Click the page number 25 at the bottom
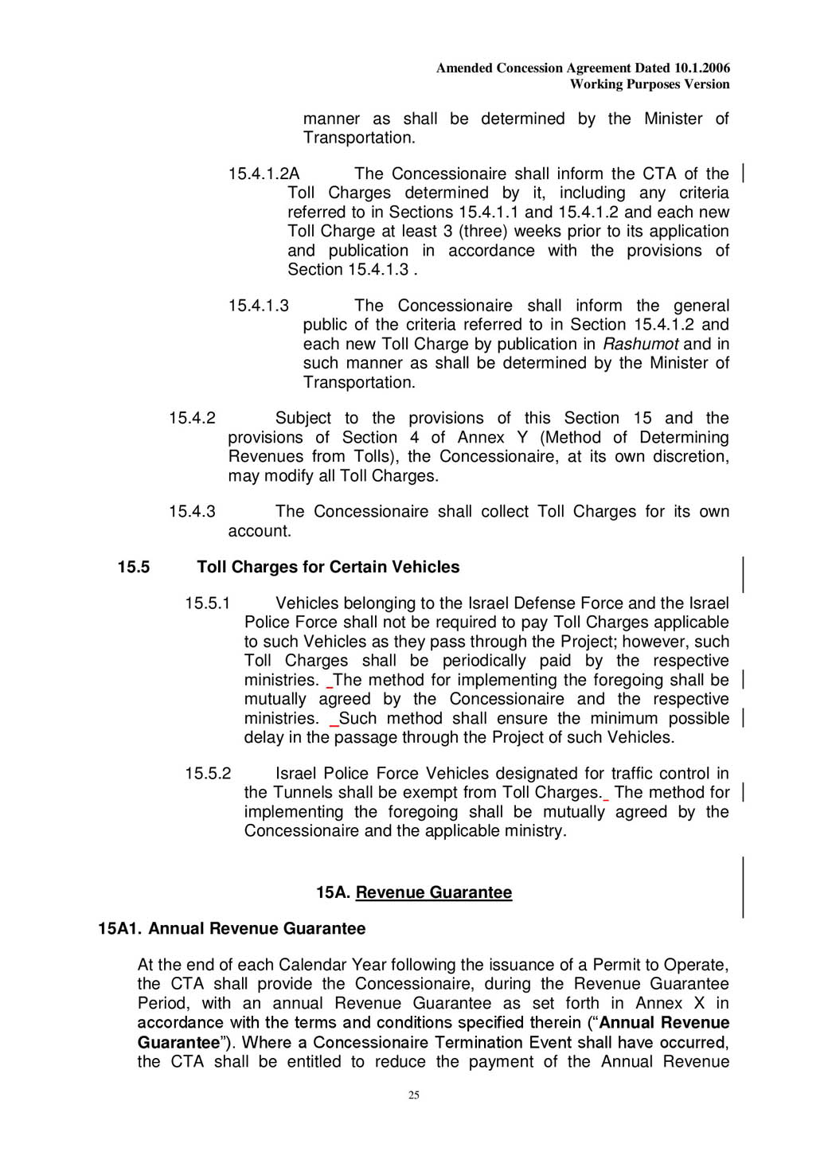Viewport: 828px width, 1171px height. [414, 1095]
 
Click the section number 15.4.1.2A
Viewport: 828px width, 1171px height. [264, 174]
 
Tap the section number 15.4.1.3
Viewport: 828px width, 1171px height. [258, 306]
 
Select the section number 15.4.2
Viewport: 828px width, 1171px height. [192, 418]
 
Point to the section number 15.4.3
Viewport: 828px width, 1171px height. [192, 511]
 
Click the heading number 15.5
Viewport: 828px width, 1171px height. [134, 567]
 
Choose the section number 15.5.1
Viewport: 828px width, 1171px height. [207, 603]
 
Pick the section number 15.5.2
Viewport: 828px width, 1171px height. [208, 773]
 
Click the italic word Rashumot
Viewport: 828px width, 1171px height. [640, 344]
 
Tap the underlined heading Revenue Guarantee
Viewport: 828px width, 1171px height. [434, 892]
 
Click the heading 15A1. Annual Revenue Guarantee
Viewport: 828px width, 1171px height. [232, 928]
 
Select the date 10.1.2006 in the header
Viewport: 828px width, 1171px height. [701, 68]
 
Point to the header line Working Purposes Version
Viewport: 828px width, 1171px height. [650, 84]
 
